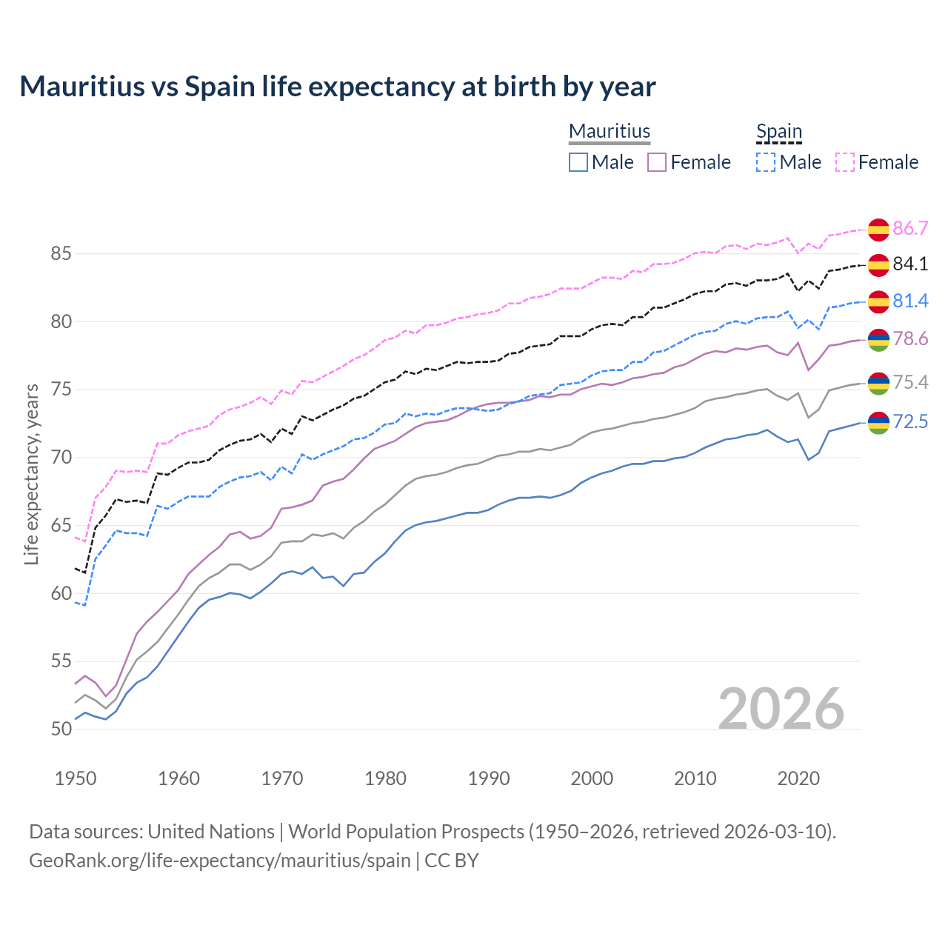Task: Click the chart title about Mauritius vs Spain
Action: coord(338,87)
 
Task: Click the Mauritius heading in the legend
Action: coord(610,131)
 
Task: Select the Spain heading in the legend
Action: coord(779,131)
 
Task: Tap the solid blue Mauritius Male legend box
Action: coord(578,162)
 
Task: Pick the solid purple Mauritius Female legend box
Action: coord(657,162)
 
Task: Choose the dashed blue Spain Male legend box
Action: coord(766,162)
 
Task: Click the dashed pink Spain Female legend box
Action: coord(845,162)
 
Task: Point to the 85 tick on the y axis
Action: coord(61,254)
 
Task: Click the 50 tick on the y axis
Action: coord(61,729)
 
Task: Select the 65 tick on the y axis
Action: coord(61,526)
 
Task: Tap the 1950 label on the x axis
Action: coord(76,778)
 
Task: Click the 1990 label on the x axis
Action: coord(489,778)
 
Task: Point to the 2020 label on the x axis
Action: coord(798,778)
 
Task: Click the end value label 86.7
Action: coord(910,228)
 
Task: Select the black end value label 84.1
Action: coord(910,264)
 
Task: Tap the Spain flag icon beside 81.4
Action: coord(878,301)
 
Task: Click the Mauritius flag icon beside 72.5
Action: coord(878,422)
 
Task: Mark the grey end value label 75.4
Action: coord(910,382)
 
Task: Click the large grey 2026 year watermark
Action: coord(781,709)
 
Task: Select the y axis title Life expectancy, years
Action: coord(32,474)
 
